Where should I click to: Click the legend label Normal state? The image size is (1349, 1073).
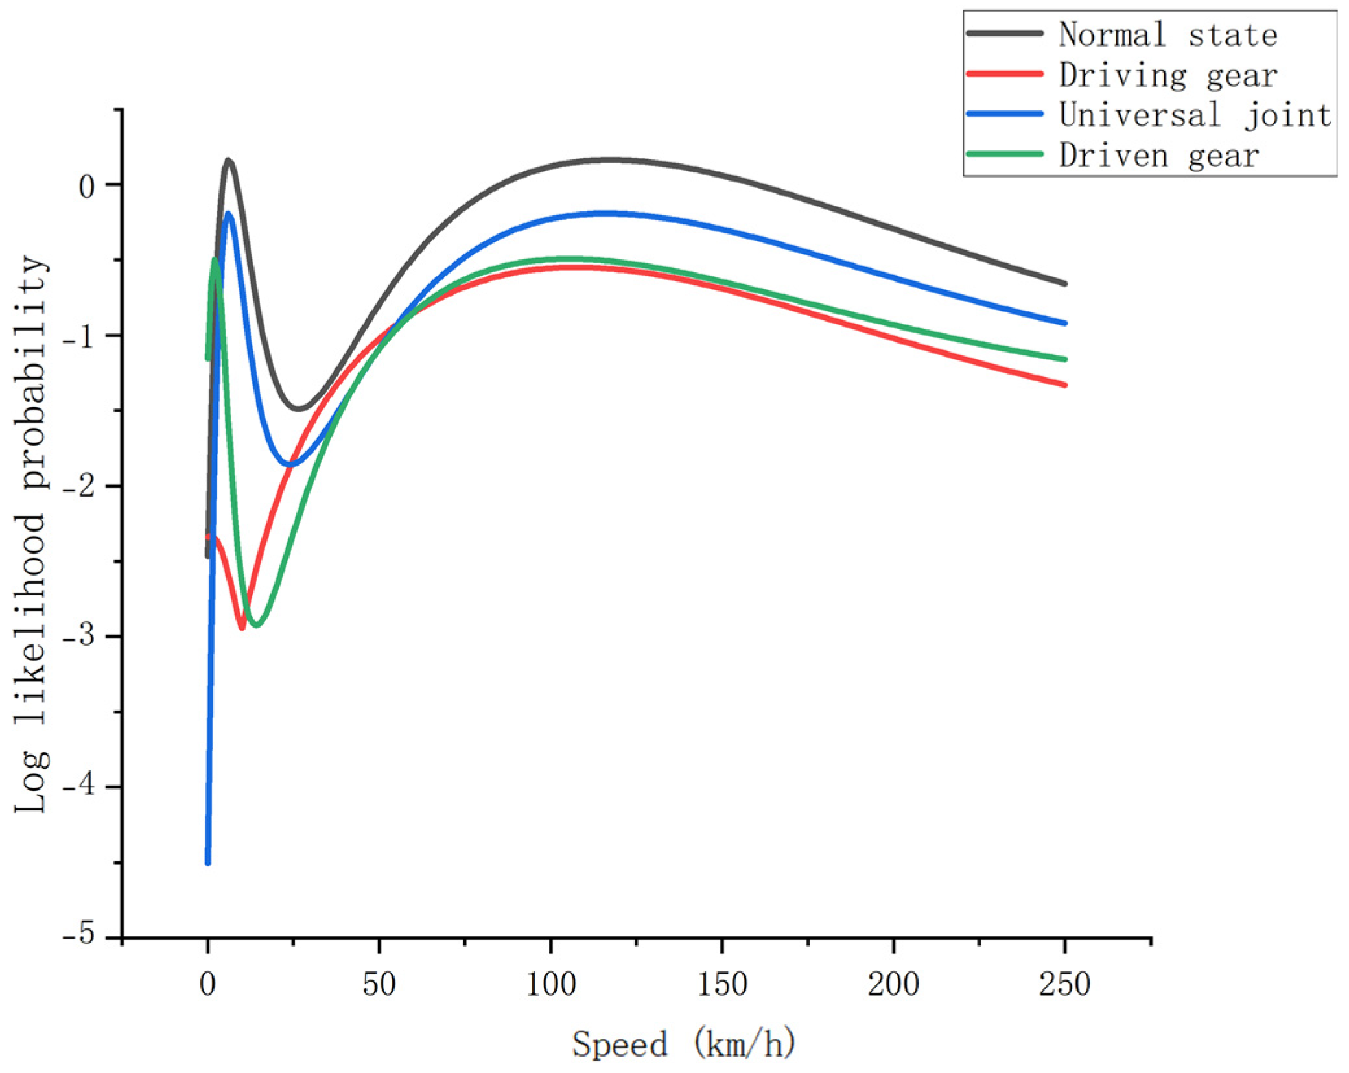tap(1167, 34)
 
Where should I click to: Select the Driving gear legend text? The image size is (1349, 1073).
tap(1167, 75)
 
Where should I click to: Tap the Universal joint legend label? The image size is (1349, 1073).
tap(1195, 115)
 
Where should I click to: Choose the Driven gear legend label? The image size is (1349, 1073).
tap(1159, 156)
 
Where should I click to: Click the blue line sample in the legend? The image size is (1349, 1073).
tap(1004, 113)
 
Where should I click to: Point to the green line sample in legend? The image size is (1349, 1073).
tap(1004, 154)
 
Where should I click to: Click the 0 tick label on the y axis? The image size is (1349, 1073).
tap(87, 187)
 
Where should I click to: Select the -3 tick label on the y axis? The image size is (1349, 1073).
tap(78, 636)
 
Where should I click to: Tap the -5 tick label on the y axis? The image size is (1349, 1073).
tap(78, 936)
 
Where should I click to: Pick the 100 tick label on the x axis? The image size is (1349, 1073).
tap(550, 985)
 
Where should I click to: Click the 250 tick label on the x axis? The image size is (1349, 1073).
tap(1064, 985)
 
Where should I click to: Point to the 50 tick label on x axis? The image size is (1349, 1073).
tap(379, 985)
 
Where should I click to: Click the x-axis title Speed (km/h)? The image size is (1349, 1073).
tap(683, 1044)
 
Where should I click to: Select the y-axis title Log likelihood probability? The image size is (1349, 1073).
tap(31, 533)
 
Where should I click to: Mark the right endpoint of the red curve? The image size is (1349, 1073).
tap(1064, 384)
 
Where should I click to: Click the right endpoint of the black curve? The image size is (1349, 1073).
tap(1064, 283)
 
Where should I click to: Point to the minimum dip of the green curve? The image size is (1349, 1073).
tap(257, 625)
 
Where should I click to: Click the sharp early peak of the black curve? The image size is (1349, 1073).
tap(228, 160)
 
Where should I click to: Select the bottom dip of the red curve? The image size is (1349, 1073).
tap(242, 628)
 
